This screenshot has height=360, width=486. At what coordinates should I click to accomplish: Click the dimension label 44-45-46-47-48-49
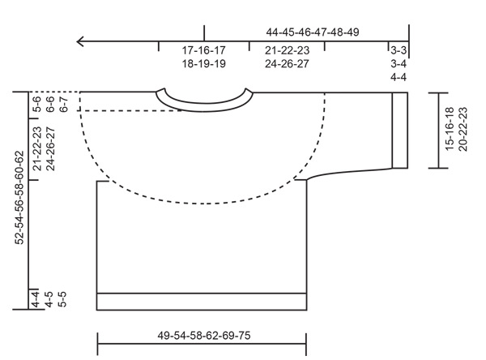(x=313, y=32)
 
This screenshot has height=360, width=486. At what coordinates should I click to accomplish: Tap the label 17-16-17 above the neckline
(x=203, y=50)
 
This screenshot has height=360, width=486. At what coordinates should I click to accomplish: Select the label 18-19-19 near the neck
(x=203, y=63)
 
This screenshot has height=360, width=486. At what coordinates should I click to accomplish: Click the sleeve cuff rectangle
(x=399, y=130)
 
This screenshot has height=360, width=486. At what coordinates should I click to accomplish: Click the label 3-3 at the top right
(x=398, y=50)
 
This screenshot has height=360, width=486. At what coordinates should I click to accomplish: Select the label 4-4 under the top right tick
(x=398, y=77)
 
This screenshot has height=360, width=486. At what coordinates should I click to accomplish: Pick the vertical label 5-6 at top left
(x=36, y=104)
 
